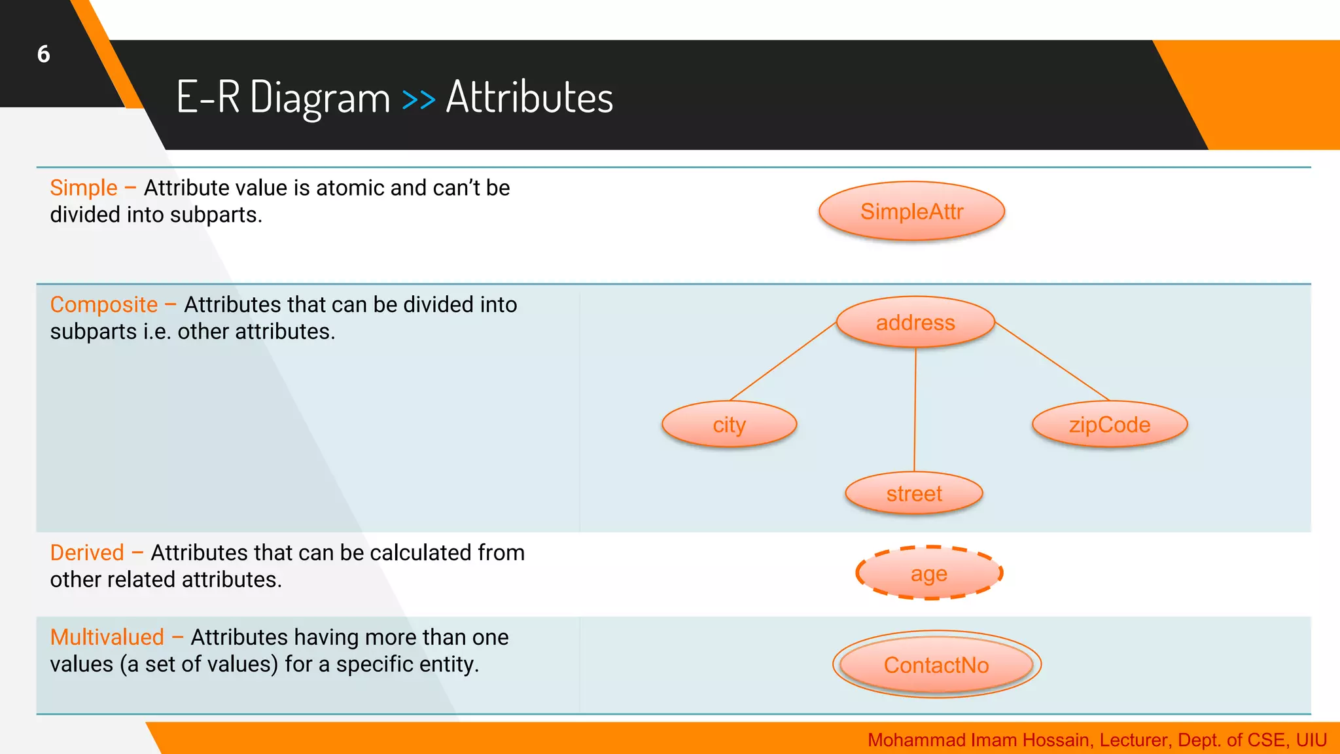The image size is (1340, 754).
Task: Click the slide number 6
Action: (43, 54)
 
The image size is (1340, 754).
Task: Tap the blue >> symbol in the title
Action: (419, 99)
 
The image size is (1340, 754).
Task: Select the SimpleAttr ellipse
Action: (911, 211)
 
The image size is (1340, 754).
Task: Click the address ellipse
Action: (915, 322)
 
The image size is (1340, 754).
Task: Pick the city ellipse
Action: (729, 425)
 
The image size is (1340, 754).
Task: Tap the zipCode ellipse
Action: (1109, 425)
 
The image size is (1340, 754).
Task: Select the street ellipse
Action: (914, 494)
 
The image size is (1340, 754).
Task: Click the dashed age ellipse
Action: (928, 573)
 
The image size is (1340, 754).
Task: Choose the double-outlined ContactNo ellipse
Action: (936, 665)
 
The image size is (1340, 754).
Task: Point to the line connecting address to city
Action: (783, 361)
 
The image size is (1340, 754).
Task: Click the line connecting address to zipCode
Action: (1052, 361)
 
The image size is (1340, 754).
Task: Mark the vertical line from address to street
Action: (915, 409)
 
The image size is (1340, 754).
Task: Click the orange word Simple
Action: (84, 188)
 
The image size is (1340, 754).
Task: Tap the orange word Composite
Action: (104, 305)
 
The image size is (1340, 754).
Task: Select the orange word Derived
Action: (87, 553)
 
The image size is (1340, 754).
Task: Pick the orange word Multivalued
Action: (107, 637)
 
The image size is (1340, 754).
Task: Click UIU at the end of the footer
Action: (1311, 740)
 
